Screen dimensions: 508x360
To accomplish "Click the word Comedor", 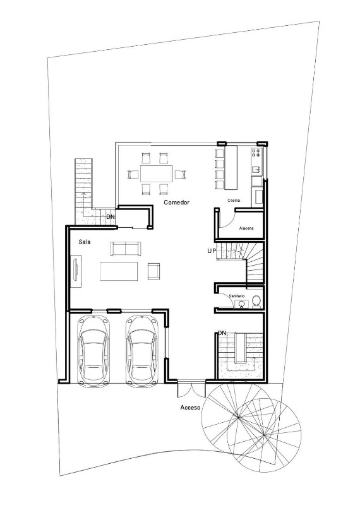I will click(177, 203).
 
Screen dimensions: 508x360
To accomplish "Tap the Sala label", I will click(84, 242).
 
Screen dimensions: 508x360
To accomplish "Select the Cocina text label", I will click(234, 200).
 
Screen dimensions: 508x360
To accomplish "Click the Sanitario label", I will click(236, 295).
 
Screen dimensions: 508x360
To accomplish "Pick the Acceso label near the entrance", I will click(190, 408).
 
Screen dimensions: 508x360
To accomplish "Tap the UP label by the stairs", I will click(212, 251).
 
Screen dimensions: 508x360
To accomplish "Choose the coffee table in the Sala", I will click(119, 271).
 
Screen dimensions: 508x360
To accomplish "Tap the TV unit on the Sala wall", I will click(76, 269).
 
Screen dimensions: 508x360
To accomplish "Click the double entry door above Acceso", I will click(190, 389).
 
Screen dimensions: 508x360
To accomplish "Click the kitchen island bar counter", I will click(230, 167).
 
